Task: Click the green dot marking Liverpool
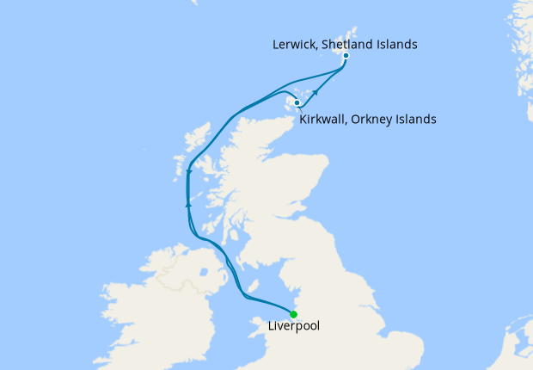294,314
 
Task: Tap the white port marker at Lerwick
346,56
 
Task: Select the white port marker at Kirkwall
297,103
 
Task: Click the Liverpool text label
294,327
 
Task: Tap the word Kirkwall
325,120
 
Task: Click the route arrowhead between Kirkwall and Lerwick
316,91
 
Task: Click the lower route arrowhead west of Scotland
187,204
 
